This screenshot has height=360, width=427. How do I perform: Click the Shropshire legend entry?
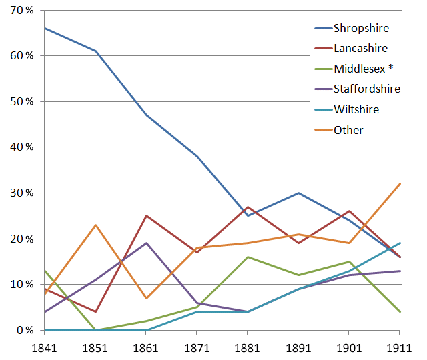[362, 28]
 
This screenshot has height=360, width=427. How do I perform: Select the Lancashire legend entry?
[361, 48]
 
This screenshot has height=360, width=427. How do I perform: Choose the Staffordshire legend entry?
[367, 89]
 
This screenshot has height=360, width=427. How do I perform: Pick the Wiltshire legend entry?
[358, 109]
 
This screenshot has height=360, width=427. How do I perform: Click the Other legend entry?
[349, 130]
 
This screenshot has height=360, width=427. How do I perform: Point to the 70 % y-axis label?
[21, 10]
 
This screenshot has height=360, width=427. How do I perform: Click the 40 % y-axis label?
[21, 147]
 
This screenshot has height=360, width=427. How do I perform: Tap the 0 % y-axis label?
[23, 331]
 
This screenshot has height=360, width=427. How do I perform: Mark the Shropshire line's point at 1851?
[95, 51]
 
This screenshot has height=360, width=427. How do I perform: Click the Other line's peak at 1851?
[95, 225]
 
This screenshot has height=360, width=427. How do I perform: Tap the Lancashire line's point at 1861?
[146, 216]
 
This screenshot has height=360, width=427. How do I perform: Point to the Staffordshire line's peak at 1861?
[146, 243]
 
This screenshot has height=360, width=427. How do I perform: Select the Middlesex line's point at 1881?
[248, 257]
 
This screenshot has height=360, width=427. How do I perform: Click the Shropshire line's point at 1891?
[298, 193]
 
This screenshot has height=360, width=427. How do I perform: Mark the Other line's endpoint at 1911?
[400, 184]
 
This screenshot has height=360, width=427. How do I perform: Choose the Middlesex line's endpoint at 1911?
[400, 312]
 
